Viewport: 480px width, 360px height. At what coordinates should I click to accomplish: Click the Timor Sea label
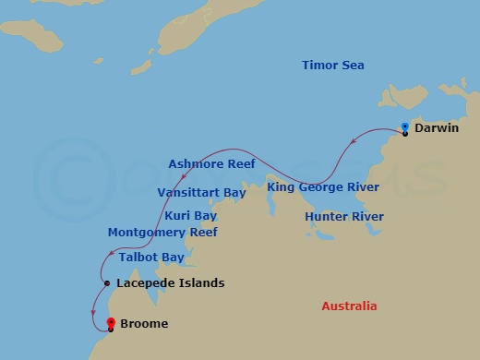pos(333,66)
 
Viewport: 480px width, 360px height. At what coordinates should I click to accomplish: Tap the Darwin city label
pos(438,128)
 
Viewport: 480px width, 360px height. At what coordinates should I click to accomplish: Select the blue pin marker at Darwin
pos(405,128)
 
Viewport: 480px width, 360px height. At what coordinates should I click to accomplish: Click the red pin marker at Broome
pos(111,323)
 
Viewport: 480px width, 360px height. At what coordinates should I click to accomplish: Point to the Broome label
pos(145,324)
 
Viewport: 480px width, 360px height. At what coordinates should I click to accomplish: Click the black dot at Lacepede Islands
pos(108,283)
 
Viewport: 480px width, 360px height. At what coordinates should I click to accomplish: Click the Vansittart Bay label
pos(201,193)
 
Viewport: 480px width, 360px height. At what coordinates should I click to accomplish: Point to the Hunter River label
pos(343,217)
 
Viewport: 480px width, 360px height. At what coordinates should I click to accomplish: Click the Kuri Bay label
pos(190,216)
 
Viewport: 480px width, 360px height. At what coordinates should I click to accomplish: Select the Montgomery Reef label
pos(162,233)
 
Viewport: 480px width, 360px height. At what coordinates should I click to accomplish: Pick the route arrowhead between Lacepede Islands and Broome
pos(94,311)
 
